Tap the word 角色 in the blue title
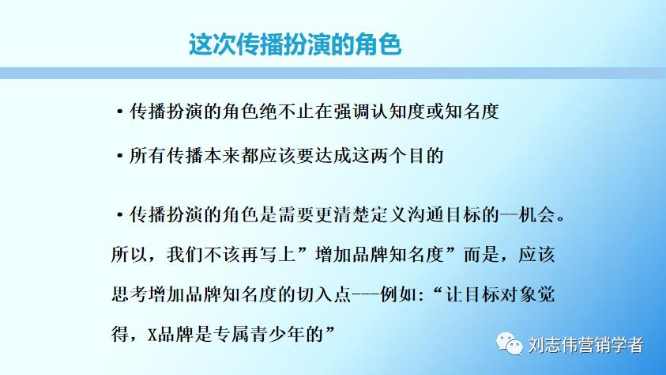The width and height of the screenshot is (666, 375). point(380,44)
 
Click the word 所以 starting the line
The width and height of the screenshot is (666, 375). point(128,256)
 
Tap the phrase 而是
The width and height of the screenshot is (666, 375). point(481,256)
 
